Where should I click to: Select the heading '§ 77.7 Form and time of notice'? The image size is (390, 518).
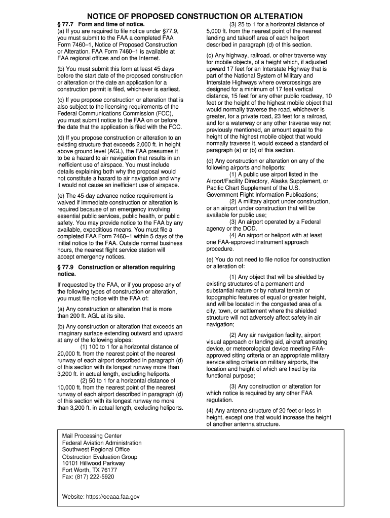point(101,24)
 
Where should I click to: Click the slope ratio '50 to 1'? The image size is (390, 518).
point(98,381)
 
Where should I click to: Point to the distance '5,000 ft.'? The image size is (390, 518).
point(218,31)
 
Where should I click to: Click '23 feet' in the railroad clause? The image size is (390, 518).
point(271,116)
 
